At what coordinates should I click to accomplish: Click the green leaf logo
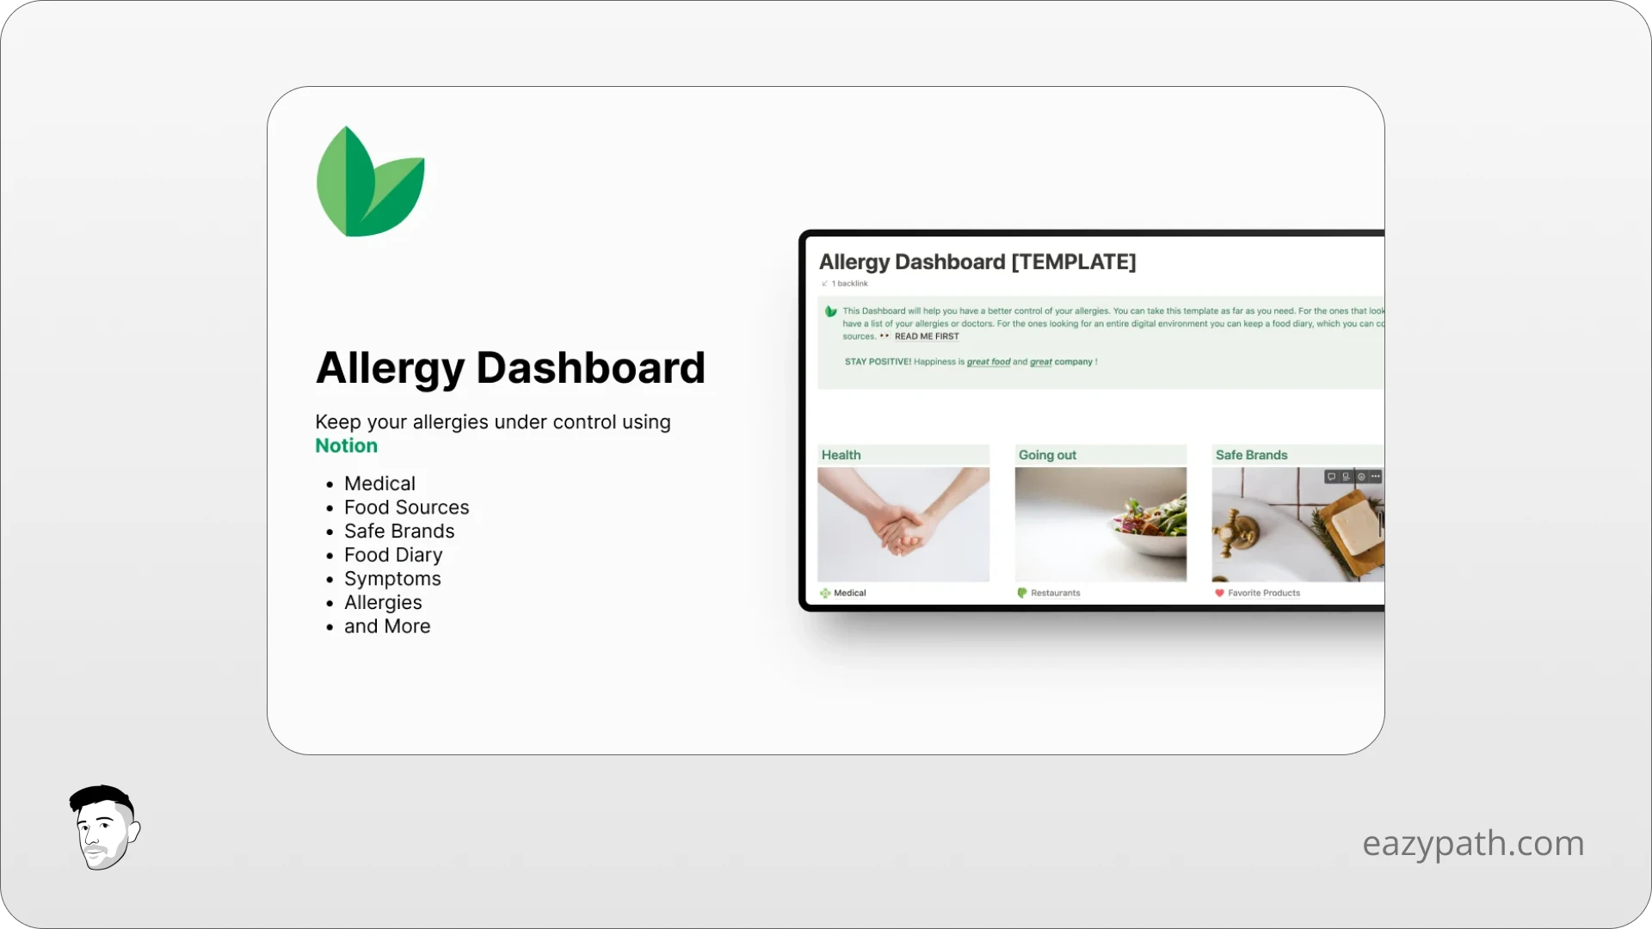click(370, 182)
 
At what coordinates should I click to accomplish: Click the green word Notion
click(346, 446)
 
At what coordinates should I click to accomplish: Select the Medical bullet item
click(379, 483)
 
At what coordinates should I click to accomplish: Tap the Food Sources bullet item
click(406, 508)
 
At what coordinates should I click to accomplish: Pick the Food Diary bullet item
click(393, 555)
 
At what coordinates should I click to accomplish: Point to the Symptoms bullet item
click(392, 579)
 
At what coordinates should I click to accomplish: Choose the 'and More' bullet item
click(387, 626)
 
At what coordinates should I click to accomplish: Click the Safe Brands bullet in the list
click(399, 532)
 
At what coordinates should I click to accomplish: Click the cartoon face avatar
click(104, 827)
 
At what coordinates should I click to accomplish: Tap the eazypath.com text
click(1472, 843)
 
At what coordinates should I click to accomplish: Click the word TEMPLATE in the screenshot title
click(1074, 262)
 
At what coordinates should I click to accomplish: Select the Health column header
click(841, 455)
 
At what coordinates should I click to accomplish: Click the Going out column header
click(1047, 455)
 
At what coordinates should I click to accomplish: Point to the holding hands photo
click(903, 524)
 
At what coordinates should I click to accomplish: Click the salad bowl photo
click(1100, 524)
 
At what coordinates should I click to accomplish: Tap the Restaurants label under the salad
click(1055, 593)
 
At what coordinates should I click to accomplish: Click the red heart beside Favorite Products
click(1219, 593)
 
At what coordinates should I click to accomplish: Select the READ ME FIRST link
click(926, 336)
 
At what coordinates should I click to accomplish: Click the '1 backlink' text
click(849, 283)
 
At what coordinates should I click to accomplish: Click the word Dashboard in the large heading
click(590, 368)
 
